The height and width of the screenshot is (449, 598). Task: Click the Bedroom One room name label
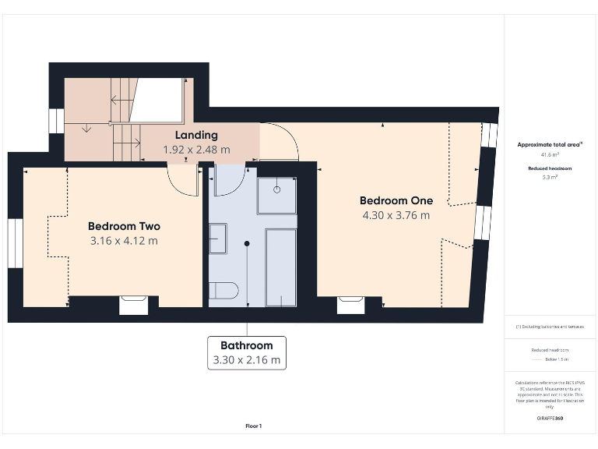pyautogui.click(x=396, y=200)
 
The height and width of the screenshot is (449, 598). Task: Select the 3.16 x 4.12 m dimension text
pyautogui.click(x=124, y=241)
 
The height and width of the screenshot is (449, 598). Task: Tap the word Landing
pyautogui.click(x=195, y=136)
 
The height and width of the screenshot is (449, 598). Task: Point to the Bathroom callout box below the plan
pyautogui.click(x=246, y=353)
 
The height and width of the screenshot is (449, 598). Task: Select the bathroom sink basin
pyautogui.click(x=218, y=239)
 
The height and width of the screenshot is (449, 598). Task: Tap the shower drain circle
pyautogui.click(x=278, y=189)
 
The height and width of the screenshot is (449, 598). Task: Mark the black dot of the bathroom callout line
pyautogui.click(x=247, y=243)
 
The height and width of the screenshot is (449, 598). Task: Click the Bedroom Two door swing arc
pyautogui.click(x=184, y=181)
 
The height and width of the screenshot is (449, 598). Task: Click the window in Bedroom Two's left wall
pyautogui.click(x=14, y=243)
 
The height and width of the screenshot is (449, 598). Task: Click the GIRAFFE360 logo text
pyautogui.click(x=550, y=419)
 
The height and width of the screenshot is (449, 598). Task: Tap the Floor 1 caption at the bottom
pyautogui.click(x=254, y=426)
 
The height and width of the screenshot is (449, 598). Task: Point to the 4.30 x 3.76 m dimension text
pyautogui.click(x=396, y=215)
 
